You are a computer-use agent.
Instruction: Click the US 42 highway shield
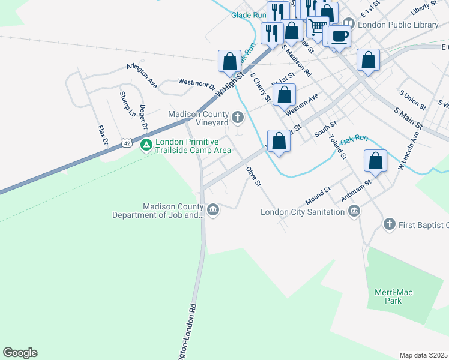(x=125, y=143)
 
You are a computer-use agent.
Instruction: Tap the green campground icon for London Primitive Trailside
(x=146, y=145)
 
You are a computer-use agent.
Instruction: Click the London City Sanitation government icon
(x=354, y=211)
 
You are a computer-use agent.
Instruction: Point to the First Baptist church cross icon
(x=389, y=224)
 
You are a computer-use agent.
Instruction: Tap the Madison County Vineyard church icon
(x=238, y=117)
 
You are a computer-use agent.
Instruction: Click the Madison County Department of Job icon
(x=214, y=209)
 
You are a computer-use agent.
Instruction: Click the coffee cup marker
(x=339, y=36)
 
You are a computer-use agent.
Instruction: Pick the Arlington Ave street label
(x=142, y=76)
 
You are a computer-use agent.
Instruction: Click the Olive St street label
(x=253, y=176)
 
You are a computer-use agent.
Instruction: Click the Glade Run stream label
(x=248, y=15)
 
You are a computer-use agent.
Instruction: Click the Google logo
(x=20, y=353)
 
